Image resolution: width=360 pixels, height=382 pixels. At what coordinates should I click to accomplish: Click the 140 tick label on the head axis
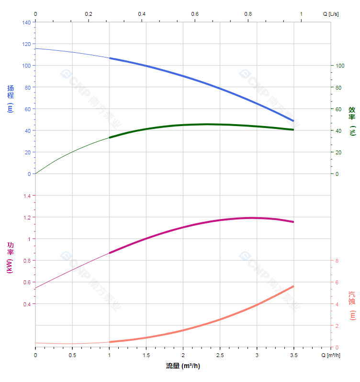point(26,22)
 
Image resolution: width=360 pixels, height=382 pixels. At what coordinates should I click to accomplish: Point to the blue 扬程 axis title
point(11,98)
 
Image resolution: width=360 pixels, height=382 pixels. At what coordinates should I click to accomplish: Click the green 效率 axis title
point(352,121)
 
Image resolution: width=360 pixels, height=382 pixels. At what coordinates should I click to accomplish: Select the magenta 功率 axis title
point(11,257)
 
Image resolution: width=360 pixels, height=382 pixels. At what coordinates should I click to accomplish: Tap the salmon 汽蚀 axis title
point(352,305)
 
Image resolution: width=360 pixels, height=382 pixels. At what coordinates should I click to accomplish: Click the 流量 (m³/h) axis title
point(183,366)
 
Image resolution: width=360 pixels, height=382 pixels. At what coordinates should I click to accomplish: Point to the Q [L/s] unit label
point(331,14)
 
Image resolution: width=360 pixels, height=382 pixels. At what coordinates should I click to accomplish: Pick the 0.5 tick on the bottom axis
point(72,355)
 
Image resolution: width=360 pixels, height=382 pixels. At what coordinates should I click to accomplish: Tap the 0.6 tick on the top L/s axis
point(195,14)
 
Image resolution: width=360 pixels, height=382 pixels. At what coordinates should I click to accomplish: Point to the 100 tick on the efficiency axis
point(340,66)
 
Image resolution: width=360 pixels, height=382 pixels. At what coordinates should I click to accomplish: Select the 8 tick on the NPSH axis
point(337,261)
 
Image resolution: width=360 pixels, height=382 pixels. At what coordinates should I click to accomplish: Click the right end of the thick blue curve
point(293,121)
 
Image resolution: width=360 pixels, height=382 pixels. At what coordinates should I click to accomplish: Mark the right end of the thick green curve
point(293,129)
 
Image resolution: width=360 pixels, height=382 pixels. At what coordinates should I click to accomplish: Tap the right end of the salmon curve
point(293,286)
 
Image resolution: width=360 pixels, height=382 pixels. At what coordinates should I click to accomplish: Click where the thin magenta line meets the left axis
point(36,288)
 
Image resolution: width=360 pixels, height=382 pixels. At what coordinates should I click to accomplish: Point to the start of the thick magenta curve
point(110,253)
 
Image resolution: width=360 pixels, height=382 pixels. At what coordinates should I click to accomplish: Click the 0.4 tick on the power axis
point(27,304)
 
